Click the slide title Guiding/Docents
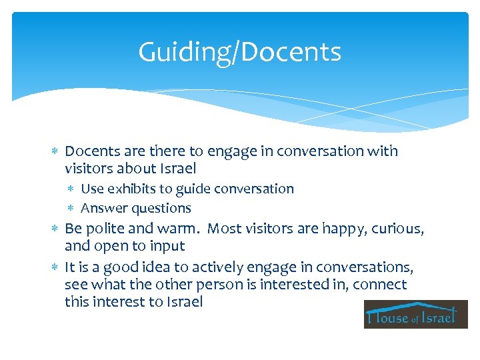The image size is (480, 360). coord(239,52)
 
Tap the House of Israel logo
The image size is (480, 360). coord(415,314)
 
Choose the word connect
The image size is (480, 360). coord(380,285)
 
